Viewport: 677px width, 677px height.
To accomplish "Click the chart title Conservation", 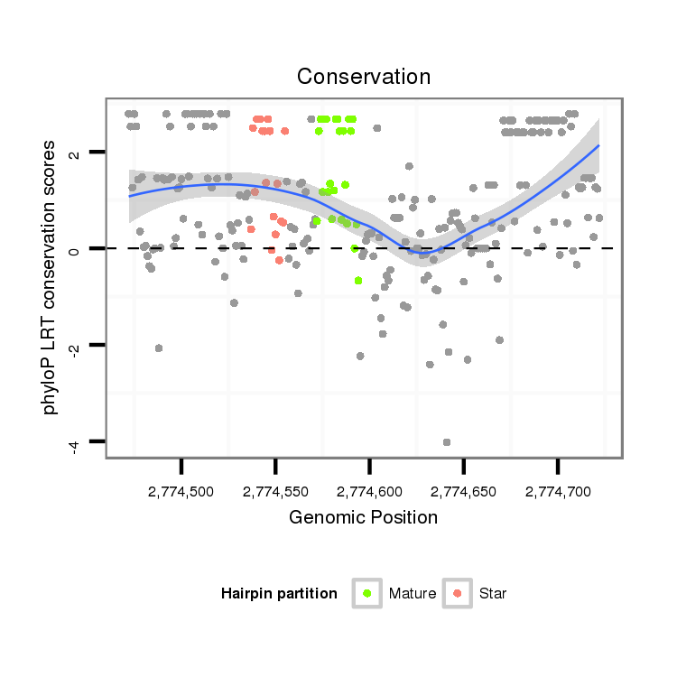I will point(364,77).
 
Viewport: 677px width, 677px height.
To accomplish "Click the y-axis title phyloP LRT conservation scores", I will point(51,276).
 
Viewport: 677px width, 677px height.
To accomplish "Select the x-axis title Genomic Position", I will point(363,518).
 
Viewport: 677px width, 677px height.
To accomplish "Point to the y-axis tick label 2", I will point(76,153).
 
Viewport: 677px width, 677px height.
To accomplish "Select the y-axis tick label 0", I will point(76,248).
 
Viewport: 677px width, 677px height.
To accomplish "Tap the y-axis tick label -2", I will point(76,347).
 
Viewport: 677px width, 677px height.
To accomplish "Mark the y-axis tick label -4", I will point(76,443).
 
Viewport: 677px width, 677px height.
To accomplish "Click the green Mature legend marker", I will point(366,593).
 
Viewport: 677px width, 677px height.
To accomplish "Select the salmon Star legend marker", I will point(458,593).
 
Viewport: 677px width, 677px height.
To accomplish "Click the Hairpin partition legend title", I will point(279,594).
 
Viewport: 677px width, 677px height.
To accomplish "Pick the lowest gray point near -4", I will point(447,442).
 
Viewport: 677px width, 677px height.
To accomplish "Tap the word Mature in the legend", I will point(413,594).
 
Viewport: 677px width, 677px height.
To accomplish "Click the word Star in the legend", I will point(493,594).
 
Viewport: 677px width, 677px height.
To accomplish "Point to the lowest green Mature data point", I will point(358,281).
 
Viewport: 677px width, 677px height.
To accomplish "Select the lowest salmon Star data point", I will point(279,260).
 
